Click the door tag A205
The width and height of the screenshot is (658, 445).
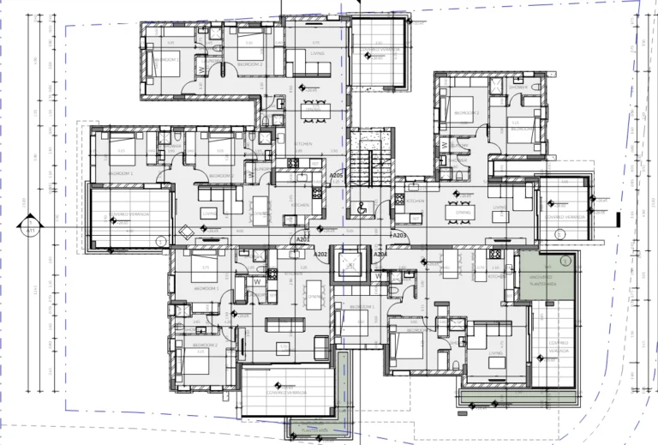click(x=337, y=175)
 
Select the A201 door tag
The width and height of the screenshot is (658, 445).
click(x=302, y=239)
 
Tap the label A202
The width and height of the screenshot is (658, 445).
click(x=320, y=255)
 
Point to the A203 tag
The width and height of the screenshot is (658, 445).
click(x=398, y=235)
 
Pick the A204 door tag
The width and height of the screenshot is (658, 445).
click(x=380, y=255)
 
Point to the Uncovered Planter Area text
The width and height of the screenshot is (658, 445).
click(x=543, y=280)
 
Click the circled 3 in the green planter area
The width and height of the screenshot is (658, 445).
click(x=565, y=262)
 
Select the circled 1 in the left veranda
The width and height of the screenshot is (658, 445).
click(x=159, y=242)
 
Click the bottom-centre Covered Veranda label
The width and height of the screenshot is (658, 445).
click(x=285, y=392)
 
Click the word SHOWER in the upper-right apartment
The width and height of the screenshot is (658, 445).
click(x=517, y=87)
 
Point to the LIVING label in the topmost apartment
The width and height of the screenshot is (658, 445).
click(x=318, y=52)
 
